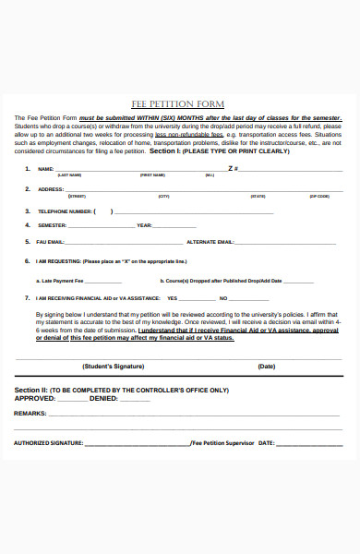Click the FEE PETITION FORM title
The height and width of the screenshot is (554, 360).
point(181,104)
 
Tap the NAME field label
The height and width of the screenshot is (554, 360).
point(45,169)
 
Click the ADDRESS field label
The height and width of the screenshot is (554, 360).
point(50,190)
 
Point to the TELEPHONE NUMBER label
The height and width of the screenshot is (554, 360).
point(65,211)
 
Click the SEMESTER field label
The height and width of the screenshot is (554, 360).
point(52,225)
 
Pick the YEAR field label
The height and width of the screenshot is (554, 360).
point(144,225)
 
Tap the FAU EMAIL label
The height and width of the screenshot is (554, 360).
point(52,242)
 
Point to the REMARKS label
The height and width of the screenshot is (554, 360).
point(30,414)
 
